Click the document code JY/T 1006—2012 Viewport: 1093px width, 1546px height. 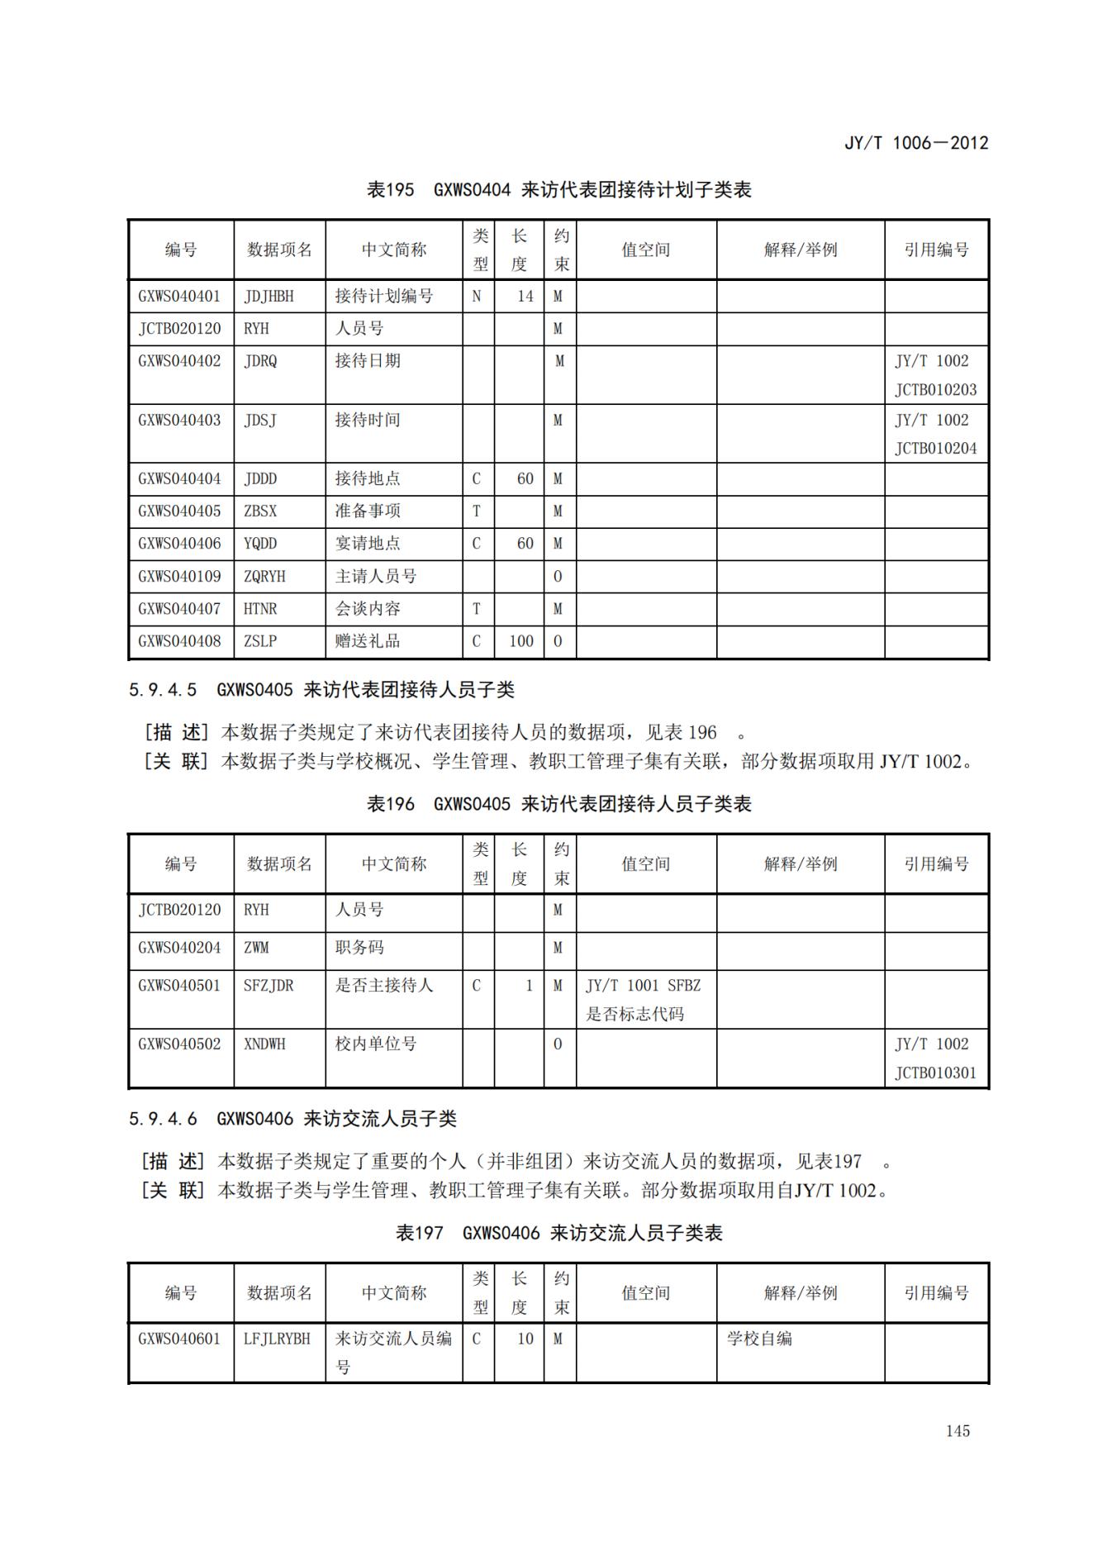915,143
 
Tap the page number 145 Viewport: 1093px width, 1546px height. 958,1431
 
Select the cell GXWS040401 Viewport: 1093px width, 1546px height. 179,296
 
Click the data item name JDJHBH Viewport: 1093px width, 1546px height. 268,296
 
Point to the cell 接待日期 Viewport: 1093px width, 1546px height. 368,361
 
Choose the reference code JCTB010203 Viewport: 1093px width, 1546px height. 935,390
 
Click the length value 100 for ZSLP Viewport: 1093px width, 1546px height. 520,641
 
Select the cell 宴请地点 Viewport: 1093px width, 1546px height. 368,544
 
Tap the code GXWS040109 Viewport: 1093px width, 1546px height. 179,576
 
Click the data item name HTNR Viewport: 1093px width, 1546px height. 260,609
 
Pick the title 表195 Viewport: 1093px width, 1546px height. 390,190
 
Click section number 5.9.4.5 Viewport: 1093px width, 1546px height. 163,689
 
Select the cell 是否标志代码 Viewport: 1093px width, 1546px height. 634,1015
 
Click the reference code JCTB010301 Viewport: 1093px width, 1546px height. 935,1073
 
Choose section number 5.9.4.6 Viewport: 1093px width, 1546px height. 163,1119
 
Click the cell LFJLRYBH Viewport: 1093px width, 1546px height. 277,1339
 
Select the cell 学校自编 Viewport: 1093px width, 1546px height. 759,1339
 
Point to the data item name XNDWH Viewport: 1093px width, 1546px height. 264,1044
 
